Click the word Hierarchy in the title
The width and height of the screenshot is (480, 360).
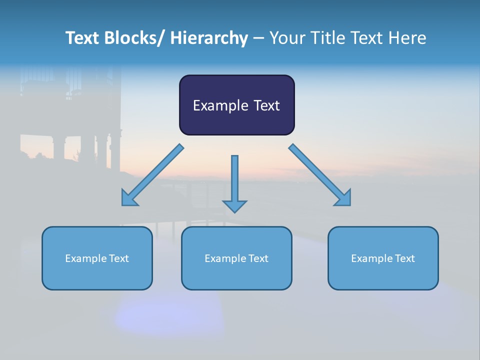coord(209,38)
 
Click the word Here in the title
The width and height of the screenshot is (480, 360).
coord(408,38)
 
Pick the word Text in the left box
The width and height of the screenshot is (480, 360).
coord(119,258)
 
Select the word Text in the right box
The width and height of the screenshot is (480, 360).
coord(405,258)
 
